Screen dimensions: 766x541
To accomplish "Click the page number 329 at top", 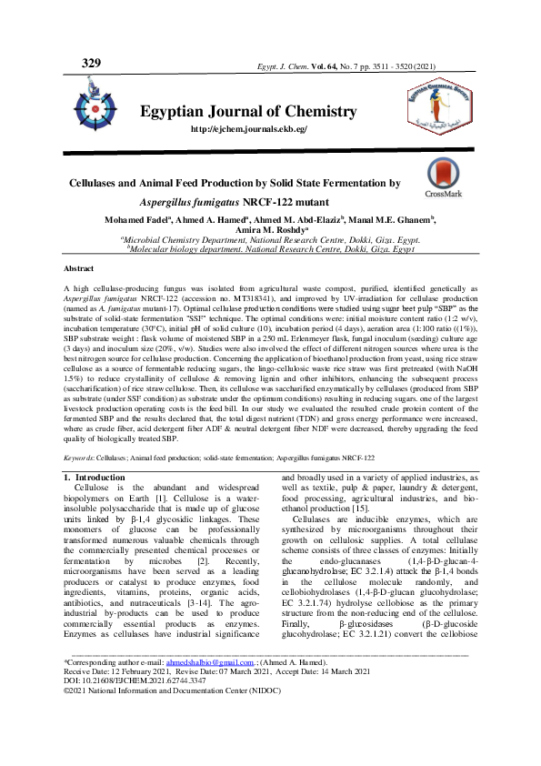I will (91, 63).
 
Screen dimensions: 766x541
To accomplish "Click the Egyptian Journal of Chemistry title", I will (247, 112).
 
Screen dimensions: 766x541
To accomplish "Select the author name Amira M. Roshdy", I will (269, 231).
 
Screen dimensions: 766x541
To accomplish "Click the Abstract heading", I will (78, 270).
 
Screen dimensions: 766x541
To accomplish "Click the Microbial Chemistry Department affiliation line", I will (268, 240).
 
